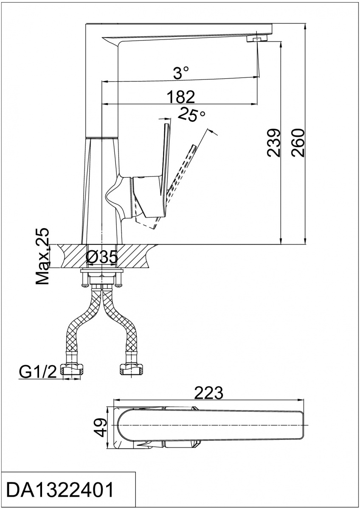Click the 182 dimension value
pos(181,97)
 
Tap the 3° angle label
pos(181,73)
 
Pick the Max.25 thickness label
pos(42,256)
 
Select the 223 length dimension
pos(209,393)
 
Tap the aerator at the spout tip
pos(256,39)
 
